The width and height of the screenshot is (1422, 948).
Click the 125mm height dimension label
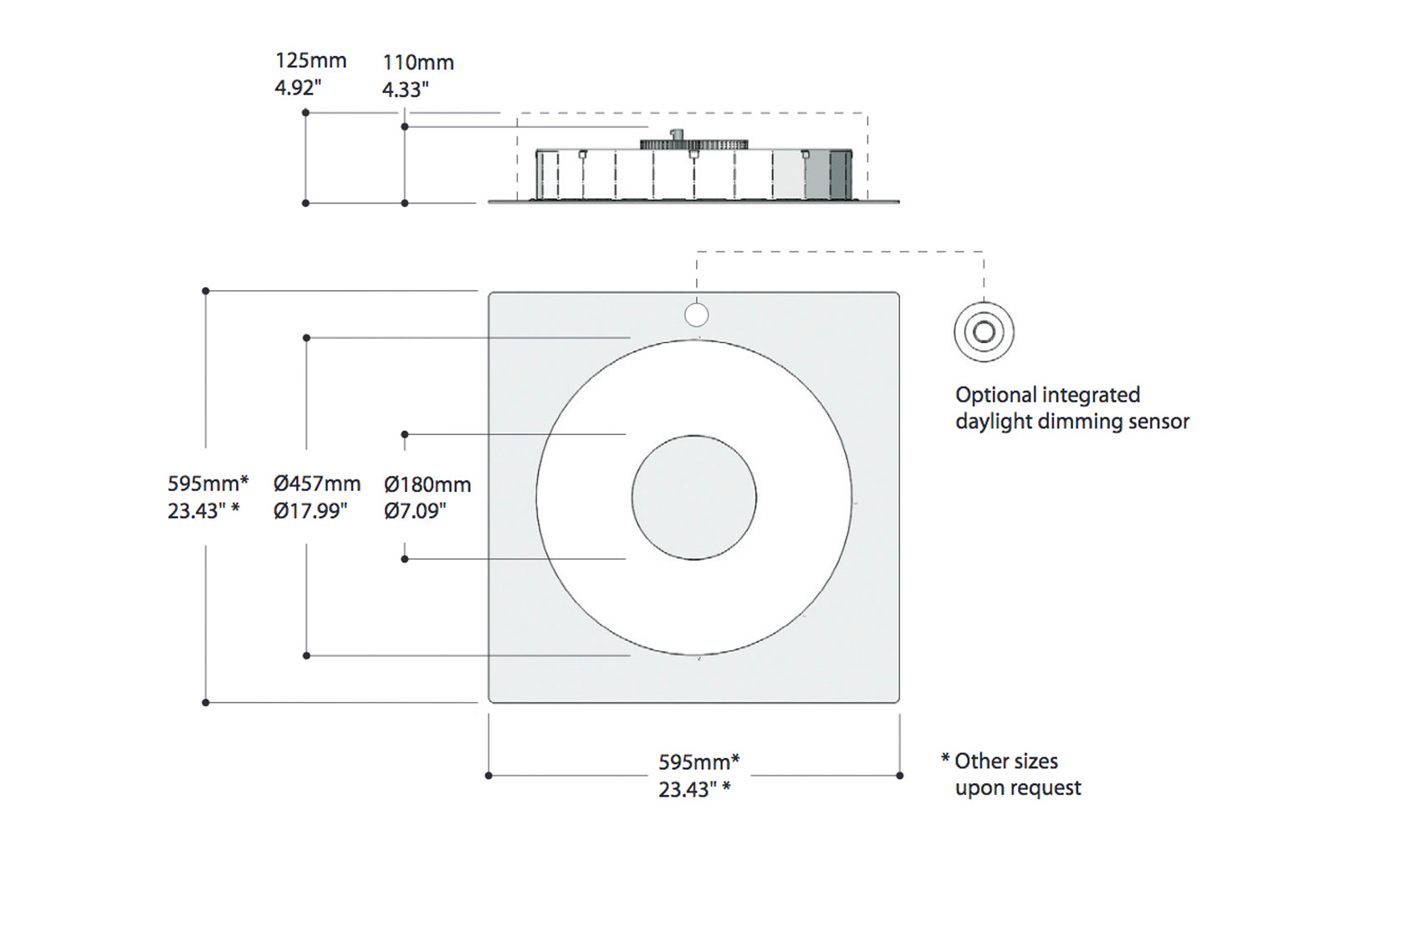pos(310,61)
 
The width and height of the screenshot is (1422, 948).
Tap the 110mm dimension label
pos(418,63)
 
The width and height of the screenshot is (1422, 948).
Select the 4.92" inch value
pos(298,87)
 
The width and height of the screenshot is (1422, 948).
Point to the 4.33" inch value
pos(406,90)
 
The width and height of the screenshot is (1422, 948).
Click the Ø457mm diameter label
pos(317,484)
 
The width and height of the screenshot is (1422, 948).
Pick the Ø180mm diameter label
pos(427,484)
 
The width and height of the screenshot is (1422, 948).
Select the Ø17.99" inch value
pos(310,510)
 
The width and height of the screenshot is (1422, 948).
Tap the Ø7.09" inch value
pos(416,510)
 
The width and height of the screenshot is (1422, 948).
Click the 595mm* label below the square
pos(698,762)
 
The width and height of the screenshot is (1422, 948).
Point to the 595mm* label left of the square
pos(207,484)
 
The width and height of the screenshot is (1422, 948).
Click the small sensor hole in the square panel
pos(696,315)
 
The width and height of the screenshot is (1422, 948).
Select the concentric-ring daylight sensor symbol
pos(984,332)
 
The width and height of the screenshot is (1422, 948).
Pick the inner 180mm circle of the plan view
pos(693,498)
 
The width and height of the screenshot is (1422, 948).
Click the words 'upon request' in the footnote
pos(1018,788)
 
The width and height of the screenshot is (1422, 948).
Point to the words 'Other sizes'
pos(1006,761)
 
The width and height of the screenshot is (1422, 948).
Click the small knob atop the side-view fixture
pos(678,134)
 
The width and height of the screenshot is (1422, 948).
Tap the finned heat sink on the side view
pos(694,145)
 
